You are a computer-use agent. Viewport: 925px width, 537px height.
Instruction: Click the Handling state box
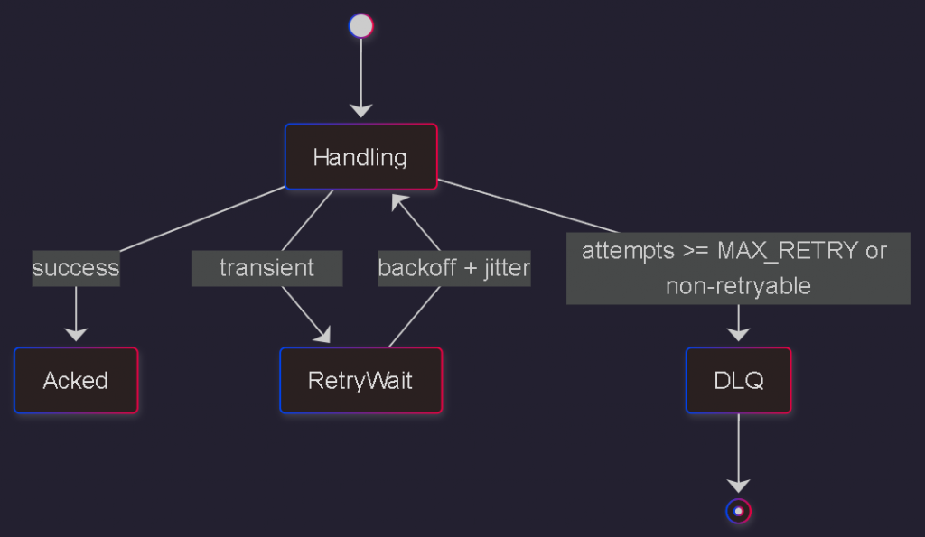coord(360,157)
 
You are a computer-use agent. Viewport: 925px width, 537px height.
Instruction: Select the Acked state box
coord(76,380)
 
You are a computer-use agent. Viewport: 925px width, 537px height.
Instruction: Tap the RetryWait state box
coord(360,380)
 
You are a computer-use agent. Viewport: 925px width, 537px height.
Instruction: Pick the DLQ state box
coord(738,380)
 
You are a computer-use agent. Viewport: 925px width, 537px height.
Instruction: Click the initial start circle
coord(360,26)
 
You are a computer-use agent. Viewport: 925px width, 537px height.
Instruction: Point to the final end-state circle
coord(738,511)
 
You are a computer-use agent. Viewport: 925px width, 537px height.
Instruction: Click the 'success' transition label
coord(76,268)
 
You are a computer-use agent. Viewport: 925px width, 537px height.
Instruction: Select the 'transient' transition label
coord(266,268)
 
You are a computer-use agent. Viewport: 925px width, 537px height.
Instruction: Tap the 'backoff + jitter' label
coord(453,268)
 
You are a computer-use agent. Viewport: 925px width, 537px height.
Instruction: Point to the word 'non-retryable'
coord(738,286)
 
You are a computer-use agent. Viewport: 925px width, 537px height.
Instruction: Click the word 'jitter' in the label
coord(506,268)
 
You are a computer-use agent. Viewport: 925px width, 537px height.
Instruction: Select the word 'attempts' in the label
coord(621,251)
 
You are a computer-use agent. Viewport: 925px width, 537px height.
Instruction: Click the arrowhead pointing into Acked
coord(76,335)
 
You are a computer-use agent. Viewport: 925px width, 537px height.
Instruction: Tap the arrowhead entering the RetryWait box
coord(322,337)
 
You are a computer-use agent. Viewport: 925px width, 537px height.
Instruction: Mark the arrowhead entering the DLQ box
coord(738,335)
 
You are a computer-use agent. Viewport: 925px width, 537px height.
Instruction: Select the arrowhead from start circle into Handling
coord(360,111)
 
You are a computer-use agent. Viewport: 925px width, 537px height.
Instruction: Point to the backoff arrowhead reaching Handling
coord(398,200)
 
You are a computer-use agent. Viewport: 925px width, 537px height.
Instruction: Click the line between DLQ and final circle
coord(738,447)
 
